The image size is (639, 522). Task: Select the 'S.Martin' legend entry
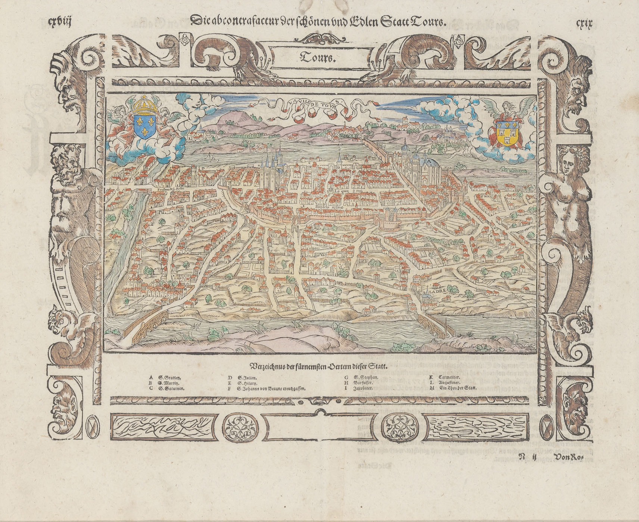(169, 383)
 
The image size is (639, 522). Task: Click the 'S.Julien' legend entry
(247, 378)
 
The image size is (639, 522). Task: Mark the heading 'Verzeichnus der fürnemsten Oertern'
(319, 366)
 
